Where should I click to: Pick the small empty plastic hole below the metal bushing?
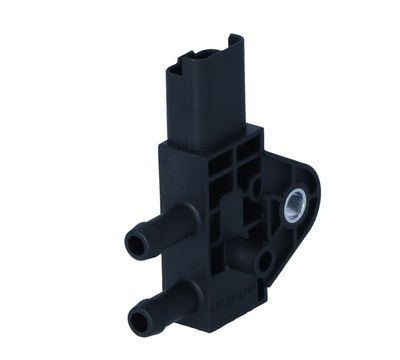265,264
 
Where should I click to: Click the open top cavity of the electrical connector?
205,48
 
